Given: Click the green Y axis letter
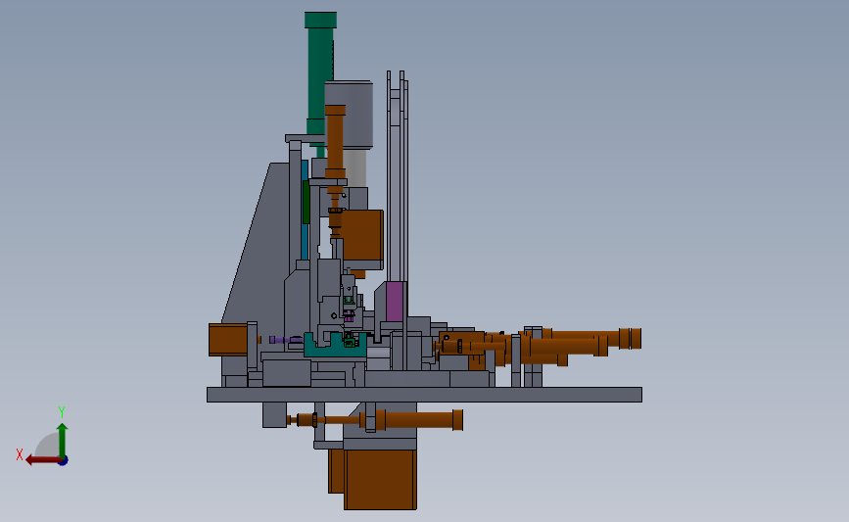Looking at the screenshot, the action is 62,412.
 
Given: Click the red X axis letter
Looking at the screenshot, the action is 20,454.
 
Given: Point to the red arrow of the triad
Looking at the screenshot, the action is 43,460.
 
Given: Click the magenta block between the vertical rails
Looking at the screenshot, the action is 395,301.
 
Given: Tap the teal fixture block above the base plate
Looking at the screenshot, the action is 335,347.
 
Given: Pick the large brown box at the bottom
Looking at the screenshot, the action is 380,479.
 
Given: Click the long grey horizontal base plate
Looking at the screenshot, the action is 425,395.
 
